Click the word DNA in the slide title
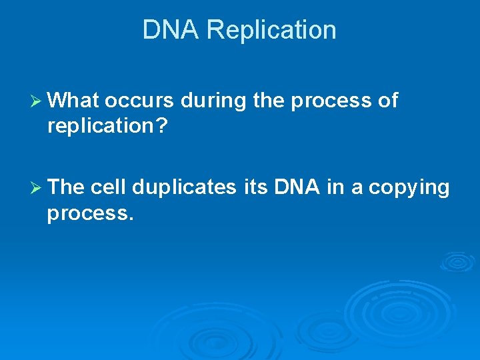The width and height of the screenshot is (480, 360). pos(171,30)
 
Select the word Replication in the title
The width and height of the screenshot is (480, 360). pos(271,30)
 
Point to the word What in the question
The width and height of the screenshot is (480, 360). pos(73,101)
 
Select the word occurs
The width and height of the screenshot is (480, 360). pos(140,101)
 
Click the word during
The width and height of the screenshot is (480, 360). pos(214,101)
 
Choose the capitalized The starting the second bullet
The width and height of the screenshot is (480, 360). pos(66,188)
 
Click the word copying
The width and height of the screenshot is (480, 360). pos(409,188)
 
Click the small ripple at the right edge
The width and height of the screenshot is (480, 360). pos(458,261)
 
